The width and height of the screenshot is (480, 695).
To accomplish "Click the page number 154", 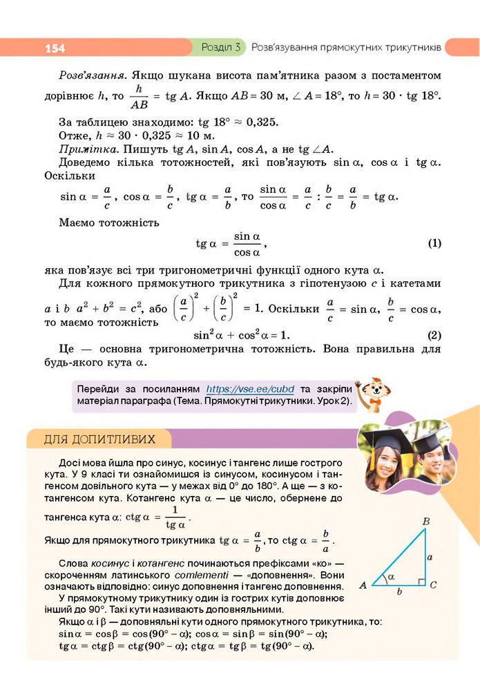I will pyautogui.click(x=55, y=48).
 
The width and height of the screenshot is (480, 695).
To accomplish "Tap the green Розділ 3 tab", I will pyautogui.click(x=220, y=48).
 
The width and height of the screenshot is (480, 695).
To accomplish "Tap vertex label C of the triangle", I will pyautogui.click(x=433, y=586).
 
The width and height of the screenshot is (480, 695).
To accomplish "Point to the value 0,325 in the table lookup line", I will pyautogui.click(x=240, y=122).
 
